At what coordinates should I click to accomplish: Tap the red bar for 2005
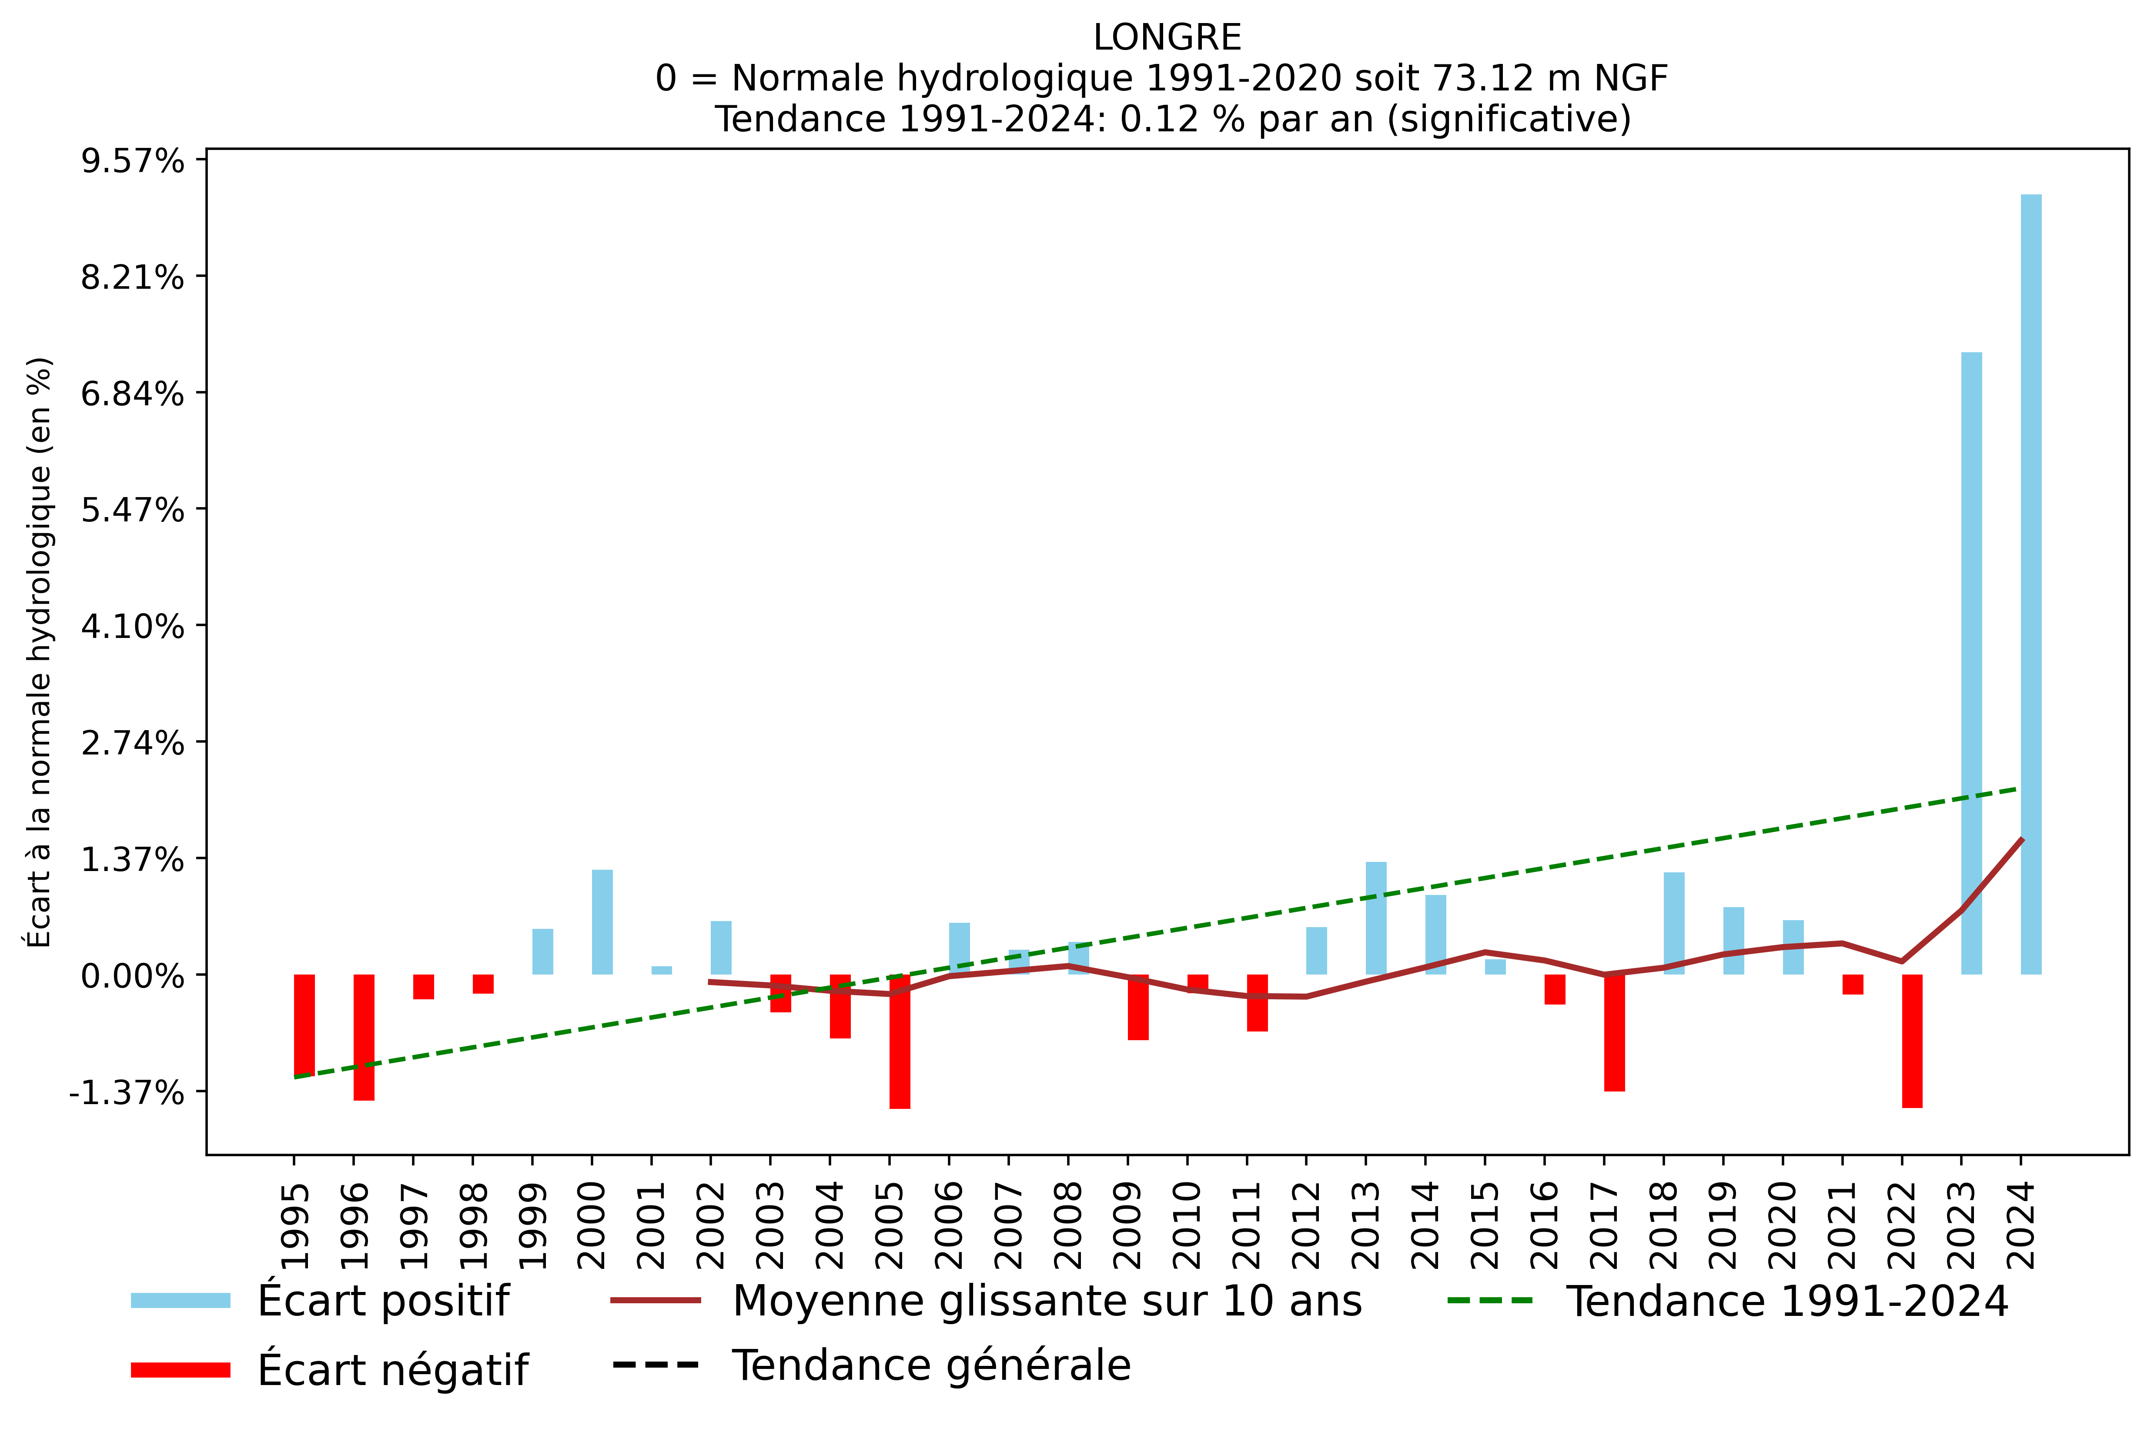pyautogui.click(x=900, y=1041)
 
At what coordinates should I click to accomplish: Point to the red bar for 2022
pyautogui.click(x=1912, y=1041)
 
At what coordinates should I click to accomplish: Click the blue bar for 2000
pyautogui.click(x=602, y=922)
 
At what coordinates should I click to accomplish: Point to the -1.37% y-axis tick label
pyautogui.click(x=126, y=1092)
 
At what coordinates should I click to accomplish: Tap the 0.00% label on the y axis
pyautogui.click(x=132, y=976)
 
